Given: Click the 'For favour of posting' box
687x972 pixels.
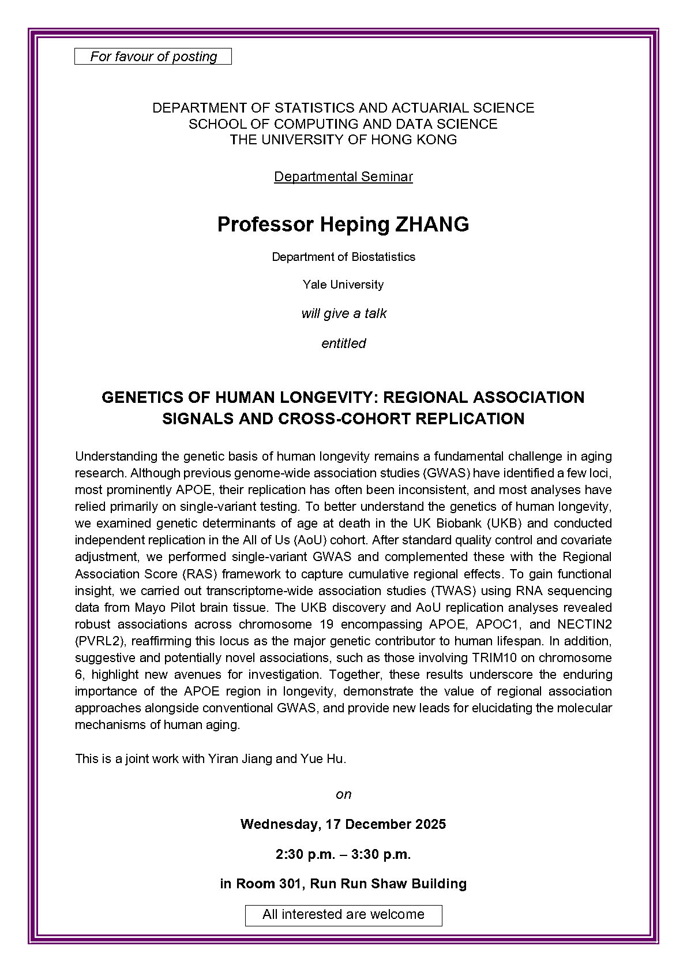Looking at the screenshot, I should [153, 57].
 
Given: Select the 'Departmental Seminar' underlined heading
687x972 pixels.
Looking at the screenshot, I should [343, 177].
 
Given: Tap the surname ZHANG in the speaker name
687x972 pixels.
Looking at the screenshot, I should [431, 225].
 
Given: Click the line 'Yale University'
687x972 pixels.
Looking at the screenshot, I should [343, 285].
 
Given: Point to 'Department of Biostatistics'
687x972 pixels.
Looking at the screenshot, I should [343, 257].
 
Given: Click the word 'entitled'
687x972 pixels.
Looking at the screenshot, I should [343, 343].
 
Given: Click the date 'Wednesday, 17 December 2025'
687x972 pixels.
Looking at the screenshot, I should [343, 824].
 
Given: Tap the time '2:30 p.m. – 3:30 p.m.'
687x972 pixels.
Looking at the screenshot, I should [343, 854].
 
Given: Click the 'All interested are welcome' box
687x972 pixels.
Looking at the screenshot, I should [343, 915].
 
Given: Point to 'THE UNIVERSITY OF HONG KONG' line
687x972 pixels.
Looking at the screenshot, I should [343, 140].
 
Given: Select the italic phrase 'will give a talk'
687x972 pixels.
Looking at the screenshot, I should [343, 314].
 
